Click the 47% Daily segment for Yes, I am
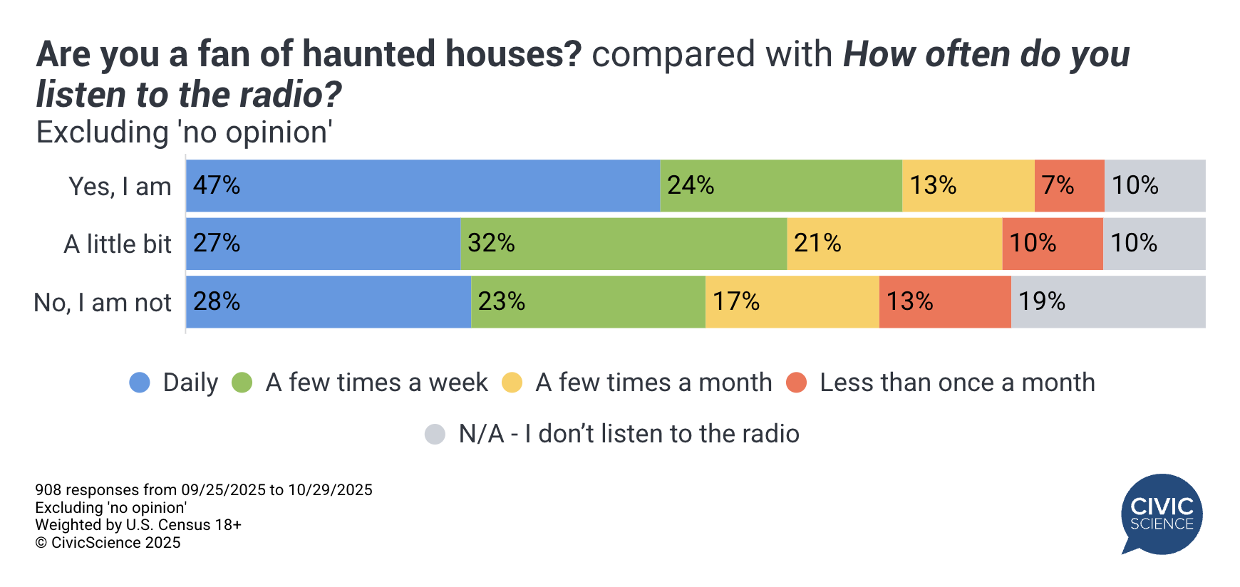click(423, 186)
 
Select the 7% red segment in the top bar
click(1069, 186)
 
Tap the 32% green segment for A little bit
click(624, 244)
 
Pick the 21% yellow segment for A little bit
click(894, 244)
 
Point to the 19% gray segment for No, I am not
click(1108, 302)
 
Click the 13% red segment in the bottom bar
click(945, 302)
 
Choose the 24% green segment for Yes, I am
click(781, 186)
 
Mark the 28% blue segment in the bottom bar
click(329, 302)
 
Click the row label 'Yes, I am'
click(120, 187)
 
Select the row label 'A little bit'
click(118, 244)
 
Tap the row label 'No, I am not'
click(103, 303)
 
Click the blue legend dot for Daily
click(140, 383)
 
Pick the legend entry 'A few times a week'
click(376, 383)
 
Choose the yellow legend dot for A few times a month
click(512, 383)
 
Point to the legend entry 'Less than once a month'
click(956, 383)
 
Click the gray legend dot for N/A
click(435, 434)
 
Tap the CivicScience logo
click(1162, 514)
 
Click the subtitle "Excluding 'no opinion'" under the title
click(185, 133)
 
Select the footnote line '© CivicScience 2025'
click(108, 543)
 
